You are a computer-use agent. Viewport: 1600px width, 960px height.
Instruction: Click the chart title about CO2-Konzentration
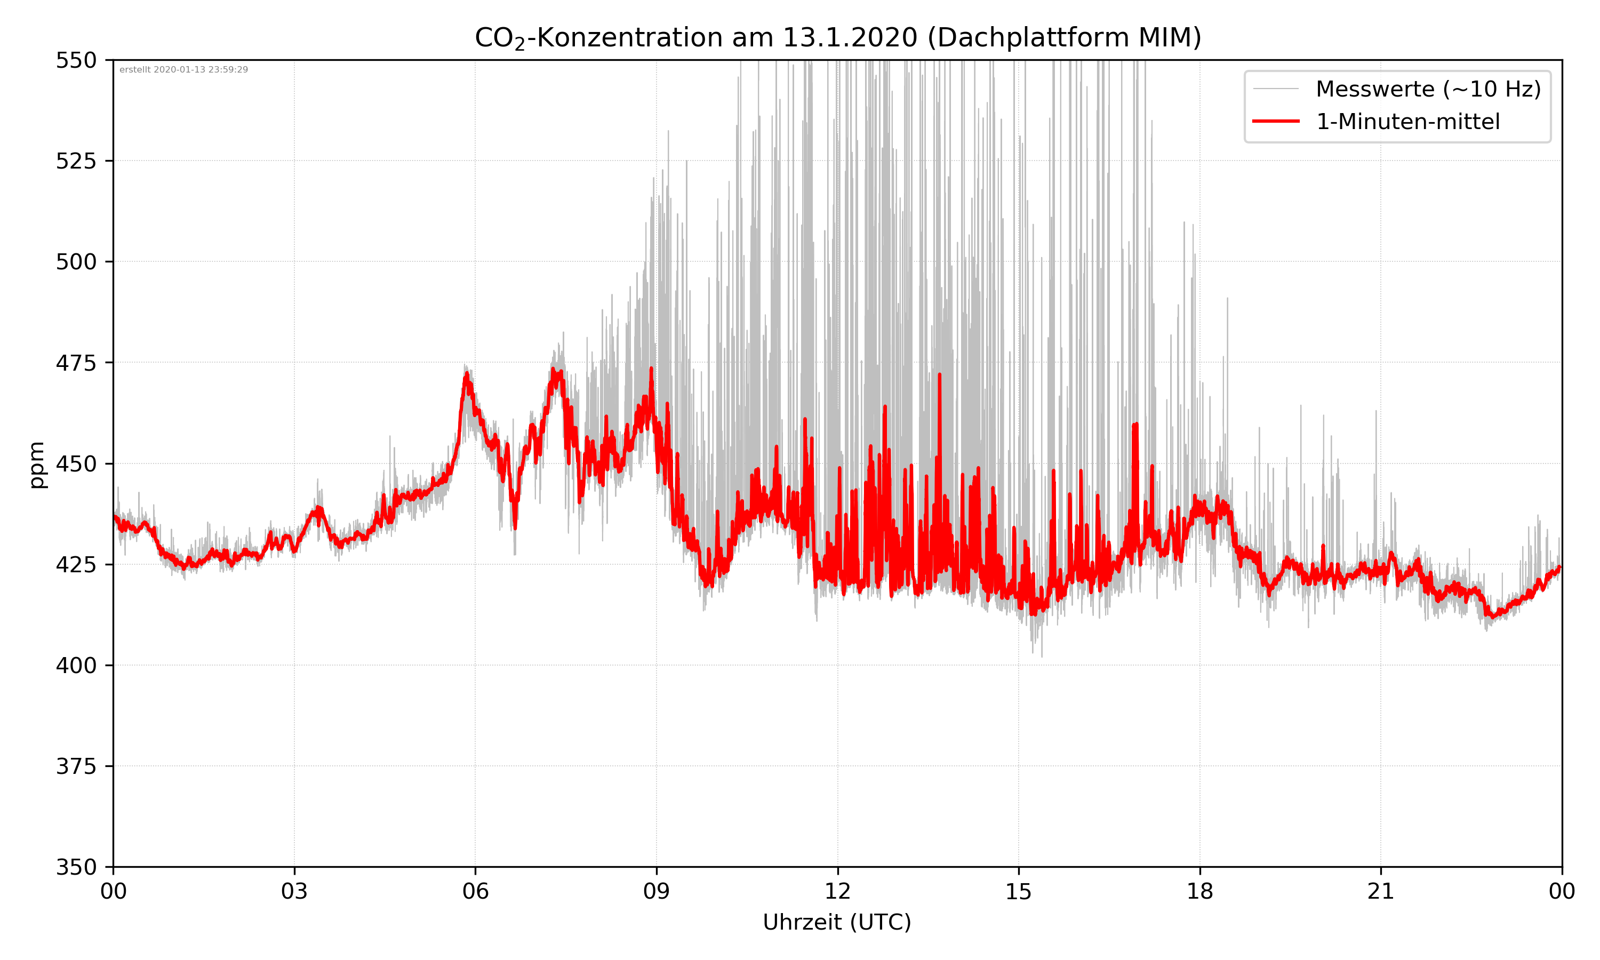[x=837, y=37]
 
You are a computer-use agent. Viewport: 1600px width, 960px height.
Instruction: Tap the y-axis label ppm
[x=37, y=464]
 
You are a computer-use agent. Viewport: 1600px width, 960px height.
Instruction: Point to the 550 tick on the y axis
[x=76, y=60]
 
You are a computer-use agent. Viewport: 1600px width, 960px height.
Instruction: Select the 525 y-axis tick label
[x=76, y=161]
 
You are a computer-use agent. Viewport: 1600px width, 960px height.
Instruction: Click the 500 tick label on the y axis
[x=76, y=262]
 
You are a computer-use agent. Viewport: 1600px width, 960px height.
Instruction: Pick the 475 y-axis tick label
[x=76, y=363]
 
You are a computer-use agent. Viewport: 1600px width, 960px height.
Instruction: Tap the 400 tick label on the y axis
[x=76, y=666]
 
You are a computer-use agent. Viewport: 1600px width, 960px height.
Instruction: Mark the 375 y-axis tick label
[x=76, y=766]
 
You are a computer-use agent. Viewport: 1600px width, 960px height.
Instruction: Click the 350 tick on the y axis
[x=76, y=868]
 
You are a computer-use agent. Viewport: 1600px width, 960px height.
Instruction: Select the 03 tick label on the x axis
[x=294, y=891]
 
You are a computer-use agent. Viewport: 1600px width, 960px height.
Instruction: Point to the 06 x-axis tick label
[x=475, y=891]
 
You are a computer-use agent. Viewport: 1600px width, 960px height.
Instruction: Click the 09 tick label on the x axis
[x=657, y=891]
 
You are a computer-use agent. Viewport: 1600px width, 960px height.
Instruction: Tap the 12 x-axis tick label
[x=837, y=891]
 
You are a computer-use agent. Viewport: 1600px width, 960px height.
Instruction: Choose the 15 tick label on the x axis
[x=1019, y=891]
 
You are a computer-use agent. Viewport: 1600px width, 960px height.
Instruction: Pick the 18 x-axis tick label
[x=1199, y=891]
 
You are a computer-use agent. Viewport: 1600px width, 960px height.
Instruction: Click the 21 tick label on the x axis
[x=1381, y=891]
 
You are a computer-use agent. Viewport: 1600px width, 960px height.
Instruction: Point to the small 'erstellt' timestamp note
[x=183, y=70]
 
